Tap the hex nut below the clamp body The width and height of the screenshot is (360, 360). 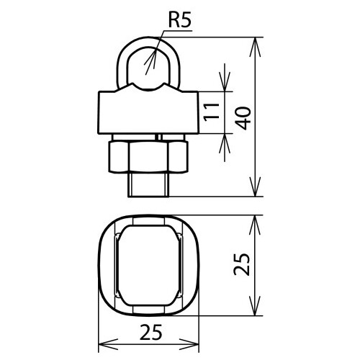(x=147, y=157)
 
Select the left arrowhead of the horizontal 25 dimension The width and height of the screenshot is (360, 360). (x=102, y=344)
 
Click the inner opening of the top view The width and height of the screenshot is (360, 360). (x=147, y=266)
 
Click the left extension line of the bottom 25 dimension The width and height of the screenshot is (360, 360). (x=97, y=331)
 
